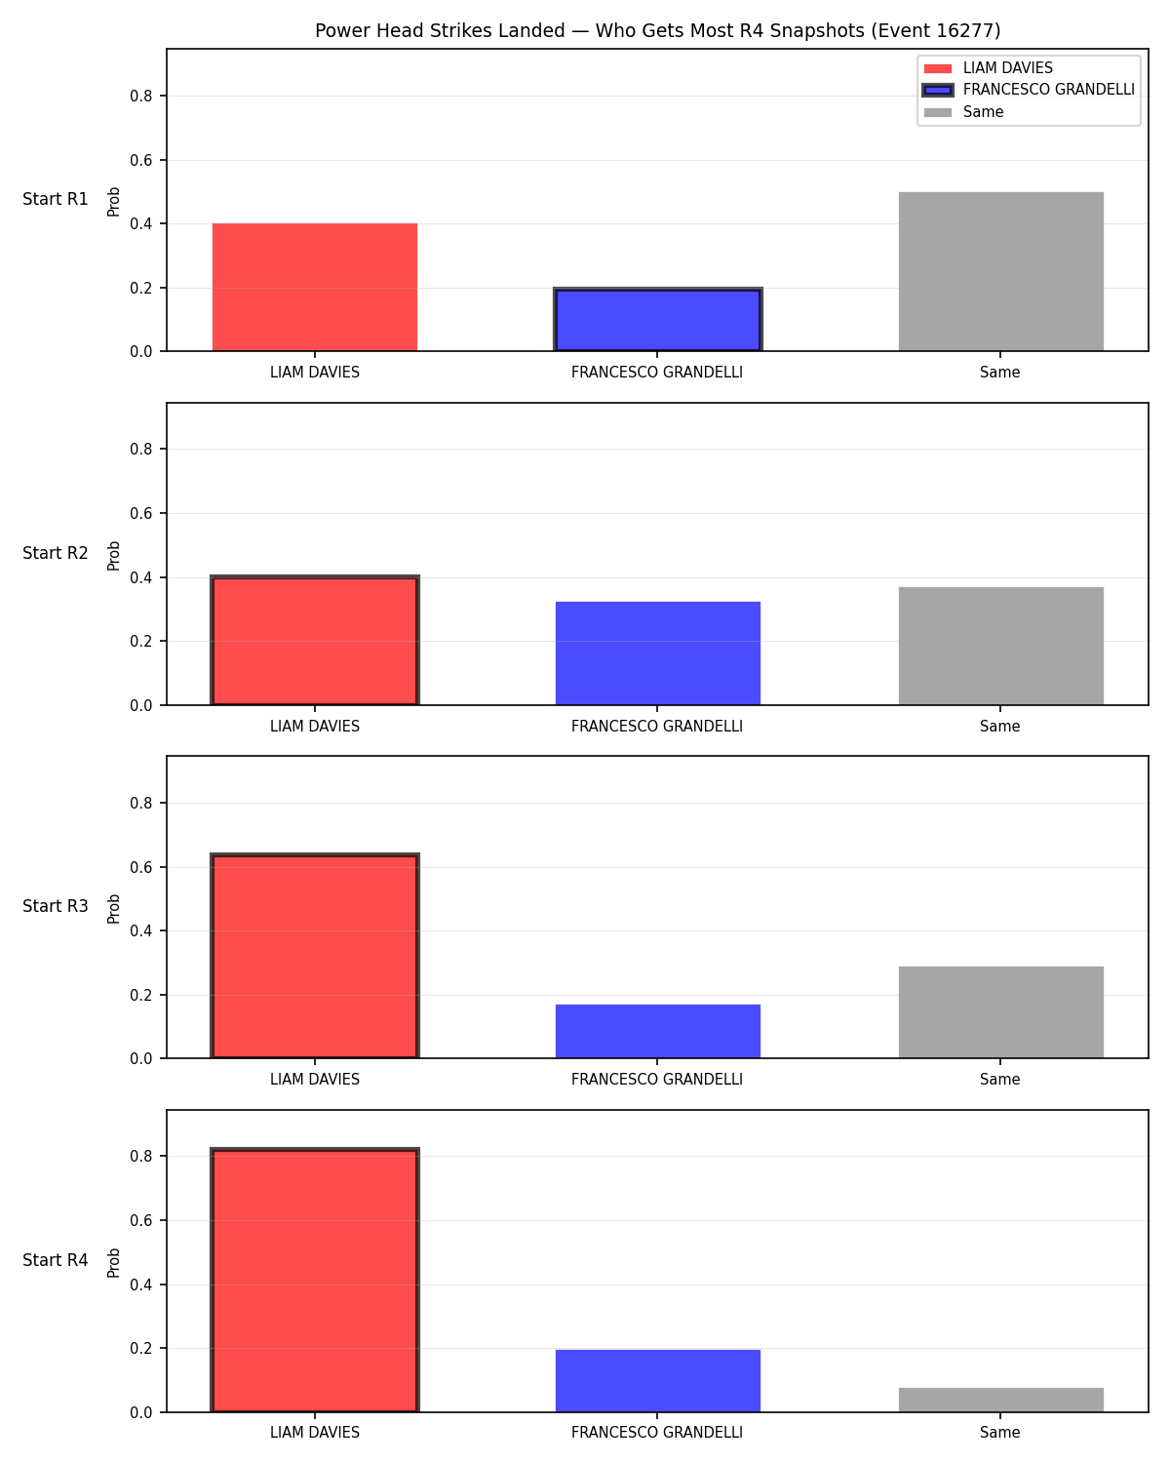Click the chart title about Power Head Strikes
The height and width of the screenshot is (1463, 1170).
(657, 30)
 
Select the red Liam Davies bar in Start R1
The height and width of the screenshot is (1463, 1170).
(315, 287)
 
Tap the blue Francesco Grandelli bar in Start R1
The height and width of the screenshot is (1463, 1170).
(657, 320)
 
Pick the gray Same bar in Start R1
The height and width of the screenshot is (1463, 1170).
(1000, 271)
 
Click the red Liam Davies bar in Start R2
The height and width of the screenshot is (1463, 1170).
(315, 640)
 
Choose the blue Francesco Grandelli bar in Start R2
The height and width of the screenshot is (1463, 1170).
(657, 653)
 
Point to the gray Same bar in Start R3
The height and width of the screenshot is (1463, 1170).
(1000, 1011)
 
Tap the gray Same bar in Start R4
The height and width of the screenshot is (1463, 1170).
(1000, 1400)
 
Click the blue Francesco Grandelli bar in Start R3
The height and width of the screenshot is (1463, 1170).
(657, 1031)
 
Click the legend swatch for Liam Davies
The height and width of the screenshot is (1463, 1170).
(938, 68)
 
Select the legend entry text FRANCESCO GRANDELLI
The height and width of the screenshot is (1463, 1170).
(1048, 90)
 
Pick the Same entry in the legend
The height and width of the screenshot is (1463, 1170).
(983, 112)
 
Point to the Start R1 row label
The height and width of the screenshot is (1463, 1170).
(55, 199)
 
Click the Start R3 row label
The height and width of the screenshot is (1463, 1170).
(55, 906)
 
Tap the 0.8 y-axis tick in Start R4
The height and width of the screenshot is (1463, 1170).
(141, 1157)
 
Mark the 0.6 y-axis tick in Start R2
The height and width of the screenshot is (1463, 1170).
(141, 513)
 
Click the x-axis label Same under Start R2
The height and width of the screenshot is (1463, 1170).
(999, 726)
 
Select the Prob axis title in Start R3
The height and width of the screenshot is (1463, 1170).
(113, 909)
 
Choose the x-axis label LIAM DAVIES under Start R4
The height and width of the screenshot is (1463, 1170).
(315, 1433)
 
